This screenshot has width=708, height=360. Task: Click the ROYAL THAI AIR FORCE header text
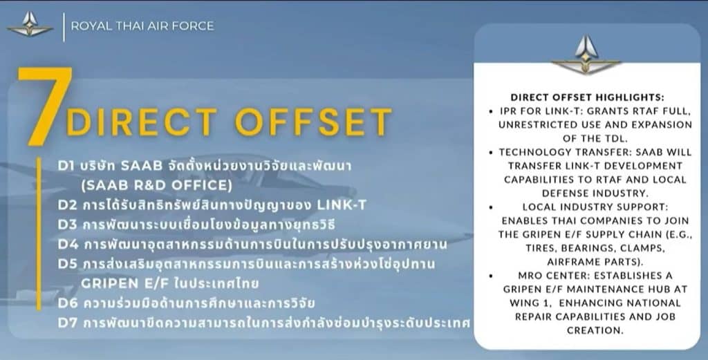(x=142, y=26)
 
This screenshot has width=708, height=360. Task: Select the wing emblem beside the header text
(x=30, y=25)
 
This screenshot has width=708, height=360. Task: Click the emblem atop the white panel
(x=586, y=55)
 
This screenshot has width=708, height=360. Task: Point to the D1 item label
(x=67, y=166)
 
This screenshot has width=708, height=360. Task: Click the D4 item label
(x=68, y=244)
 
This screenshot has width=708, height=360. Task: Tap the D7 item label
(x=67, y=323)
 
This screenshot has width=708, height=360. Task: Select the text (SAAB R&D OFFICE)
(x=157, y=185)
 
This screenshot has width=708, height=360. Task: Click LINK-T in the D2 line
(x=342, y=205)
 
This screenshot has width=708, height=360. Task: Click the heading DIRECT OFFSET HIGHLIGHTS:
(x=588, y=97)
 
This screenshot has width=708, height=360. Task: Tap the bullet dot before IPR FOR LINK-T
(x=491, y=111)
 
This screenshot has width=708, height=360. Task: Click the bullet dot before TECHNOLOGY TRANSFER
(x=491, y=153)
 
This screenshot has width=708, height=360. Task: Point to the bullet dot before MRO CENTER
(x=491, y=276)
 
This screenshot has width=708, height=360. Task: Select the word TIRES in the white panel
(x=541, y=248)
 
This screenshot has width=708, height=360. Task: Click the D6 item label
(x=68, y=303)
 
